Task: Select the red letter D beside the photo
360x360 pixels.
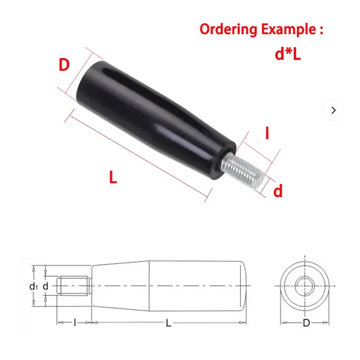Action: pyautogui.click(x=64, y=65)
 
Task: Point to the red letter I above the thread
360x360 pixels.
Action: pyautogui.click(x=267, y=134)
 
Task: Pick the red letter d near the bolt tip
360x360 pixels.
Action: pyautogui.click(x=278, y=192)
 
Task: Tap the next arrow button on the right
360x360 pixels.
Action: pyautogui.click(x=333, y=110)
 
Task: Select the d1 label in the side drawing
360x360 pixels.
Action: pyautogui.click(x=32, y=286)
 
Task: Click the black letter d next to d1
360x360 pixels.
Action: pyautogui.click(x=45, y=286)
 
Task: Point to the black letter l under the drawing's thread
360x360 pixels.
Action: pyautogui.click(x=74, y=323)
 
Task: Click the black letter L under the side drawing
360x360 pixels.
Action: pyautogui.click(x=168, y=323)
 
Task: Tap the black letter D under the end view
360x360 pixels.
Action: pyautogui.click(x=306, y=323)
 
